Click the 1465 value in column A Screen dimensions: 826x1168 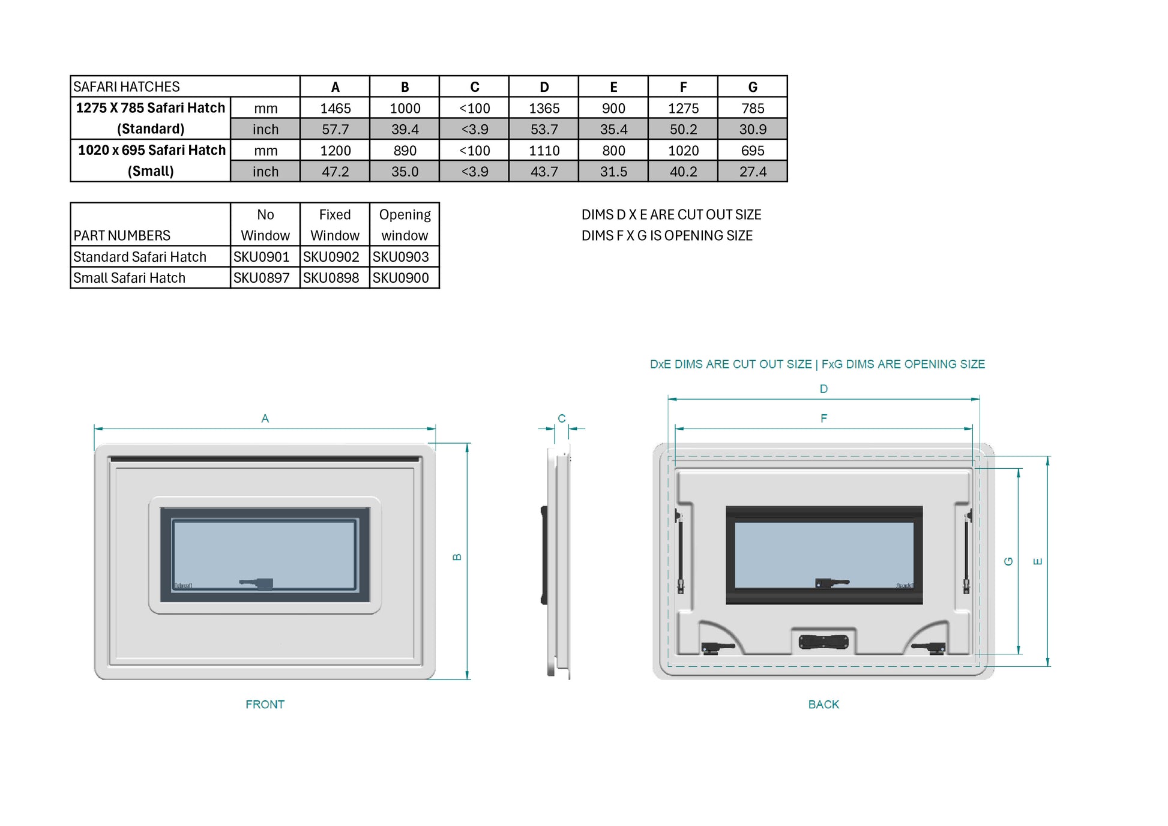point(335,108)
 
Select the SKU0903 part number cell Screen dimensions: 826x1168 point(400,257)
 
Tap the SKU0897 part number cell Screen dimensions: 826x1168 point(261,278)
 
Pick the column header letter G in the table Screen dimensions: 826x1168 point(752,87)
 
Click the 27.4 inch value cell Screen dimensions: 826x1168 point(752,172)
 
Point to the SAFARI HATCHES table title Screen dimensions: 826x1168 point(127,87)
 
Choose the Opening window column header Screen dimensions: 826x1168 point(405,225)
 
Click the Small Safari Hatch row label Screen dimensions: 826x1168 point(130,278)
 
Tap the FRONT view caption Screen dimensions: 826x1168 point(265,704)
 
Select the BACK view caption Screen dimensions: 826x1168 point(823,704)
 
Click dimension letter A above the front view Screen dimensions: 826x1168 point(265,418)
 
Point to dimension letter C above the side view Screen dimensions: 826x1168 point(561,418)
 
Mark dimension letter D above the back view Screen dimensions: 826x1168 point(823,389)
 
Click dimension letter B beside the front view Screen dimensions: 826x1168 point(457,557)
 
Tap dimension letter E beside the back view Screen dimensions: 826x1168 point(1037,561)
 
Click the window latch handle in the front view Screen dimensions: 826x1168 point(258,583)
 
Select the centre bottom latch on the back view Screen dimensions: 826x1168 point(823,642)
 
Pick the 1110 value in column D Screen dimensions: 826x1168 point(544,151)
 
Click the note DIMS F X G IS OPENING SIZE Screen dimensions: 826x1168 point(667,236)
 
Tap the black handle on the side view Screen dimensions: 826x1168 point(544,555)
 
